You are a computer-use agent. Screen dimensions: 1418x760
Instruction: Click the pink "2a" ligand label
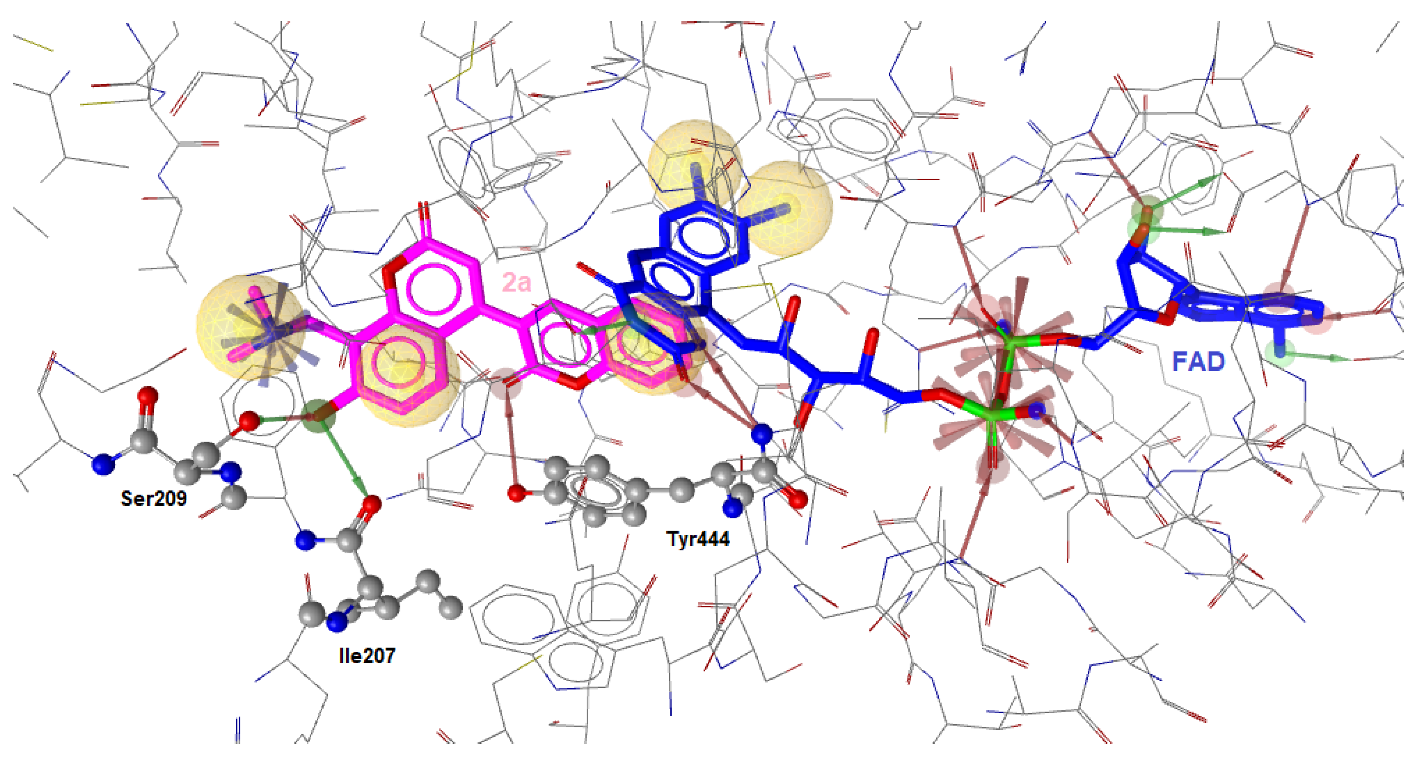tap(516, 283)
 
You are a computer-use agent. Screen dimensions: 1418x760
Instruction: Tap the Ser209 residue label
tap(153, 498)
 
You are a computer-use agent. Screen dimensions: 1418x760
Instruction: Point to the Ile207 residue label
tap(367, 655)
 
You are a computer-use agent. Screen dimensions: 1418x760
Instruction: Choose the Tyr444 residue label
tap(698, 538)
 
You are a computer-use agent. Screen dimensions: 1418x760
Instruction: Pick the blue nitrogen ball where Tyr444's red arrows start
tap(762, 433)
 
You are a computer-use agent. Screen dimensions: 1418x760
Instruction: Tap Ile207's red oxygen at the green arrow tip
tap(372, 503)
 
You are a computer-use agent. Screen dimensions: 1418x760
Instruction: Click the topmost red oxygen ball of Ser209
tap(148, 396)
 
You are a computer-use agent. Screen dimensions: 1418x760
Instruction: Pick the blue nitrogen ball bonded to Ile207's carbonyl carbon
tap(305, 540)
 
